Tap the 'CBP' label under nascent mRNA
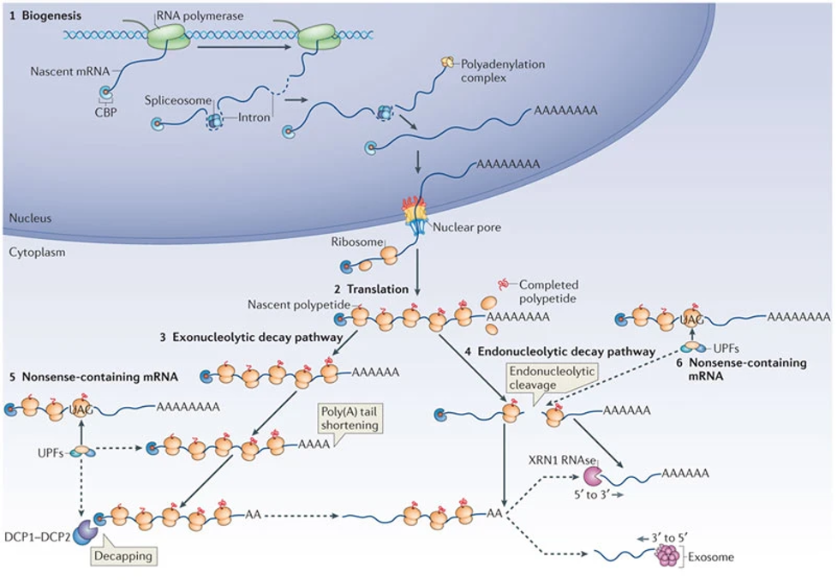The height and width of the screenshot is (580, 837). click(106, 111)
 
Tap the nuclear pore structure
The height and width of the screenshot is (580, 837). click(416, 214)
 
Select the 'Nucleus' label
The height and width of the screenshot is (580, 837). click(30, 218)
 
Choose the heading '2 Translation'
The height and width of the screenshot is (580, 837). click(372, 290)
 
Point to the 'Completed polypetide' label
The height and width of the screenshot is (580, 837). click(548, 291)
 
